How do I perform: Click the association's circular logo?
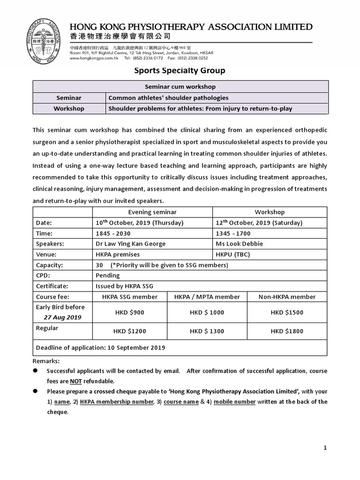pos(46,42)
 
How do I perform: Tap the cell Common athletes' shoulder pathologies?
pos(168,98)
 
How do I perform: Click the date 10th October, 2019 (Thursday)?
pos(139,223)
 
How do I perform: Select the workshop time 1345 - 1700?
pos(233,233)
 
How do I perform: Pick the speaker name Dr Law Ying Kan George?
pos(130,244)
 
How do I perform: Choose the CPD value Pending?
pos(107,276)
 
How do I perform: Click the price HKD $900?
pos(129,313)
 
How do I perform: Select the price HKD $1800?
pos(287,331)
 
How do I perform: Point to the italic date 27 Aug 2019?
pos(62,317)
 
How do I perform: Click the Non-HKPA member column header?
pos(287,297)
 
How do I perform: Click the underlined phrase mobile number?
pos(235,402)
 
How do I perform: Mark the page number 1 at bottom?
pos(325,448)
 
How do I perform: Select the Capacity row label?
pos(49,265)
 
